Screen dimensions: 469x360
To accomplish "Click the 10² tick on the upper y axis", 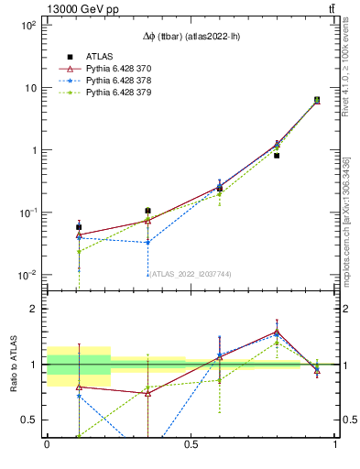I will [x=29, y=26].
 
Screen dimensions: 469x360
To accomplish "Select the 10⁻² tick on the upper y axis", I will [x=29, y=275].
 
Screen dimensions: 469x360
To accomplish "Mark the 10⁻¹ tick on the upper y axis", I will [x=29, y=213].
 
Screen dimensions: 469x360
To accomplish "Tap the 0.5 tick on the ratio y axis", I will [x=32, y=420].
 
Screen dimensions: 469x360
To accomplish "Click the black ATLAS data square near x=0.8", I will [x=277, y=156].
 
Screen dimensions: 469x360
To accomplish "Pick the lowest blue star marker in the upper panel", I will [x=147, y=243].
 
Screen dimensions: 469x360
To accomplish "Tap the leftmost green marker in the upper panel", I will [x=79, y=251].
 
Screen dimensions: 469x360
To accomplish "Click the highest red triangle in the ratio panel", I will [x=277, y=332].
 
